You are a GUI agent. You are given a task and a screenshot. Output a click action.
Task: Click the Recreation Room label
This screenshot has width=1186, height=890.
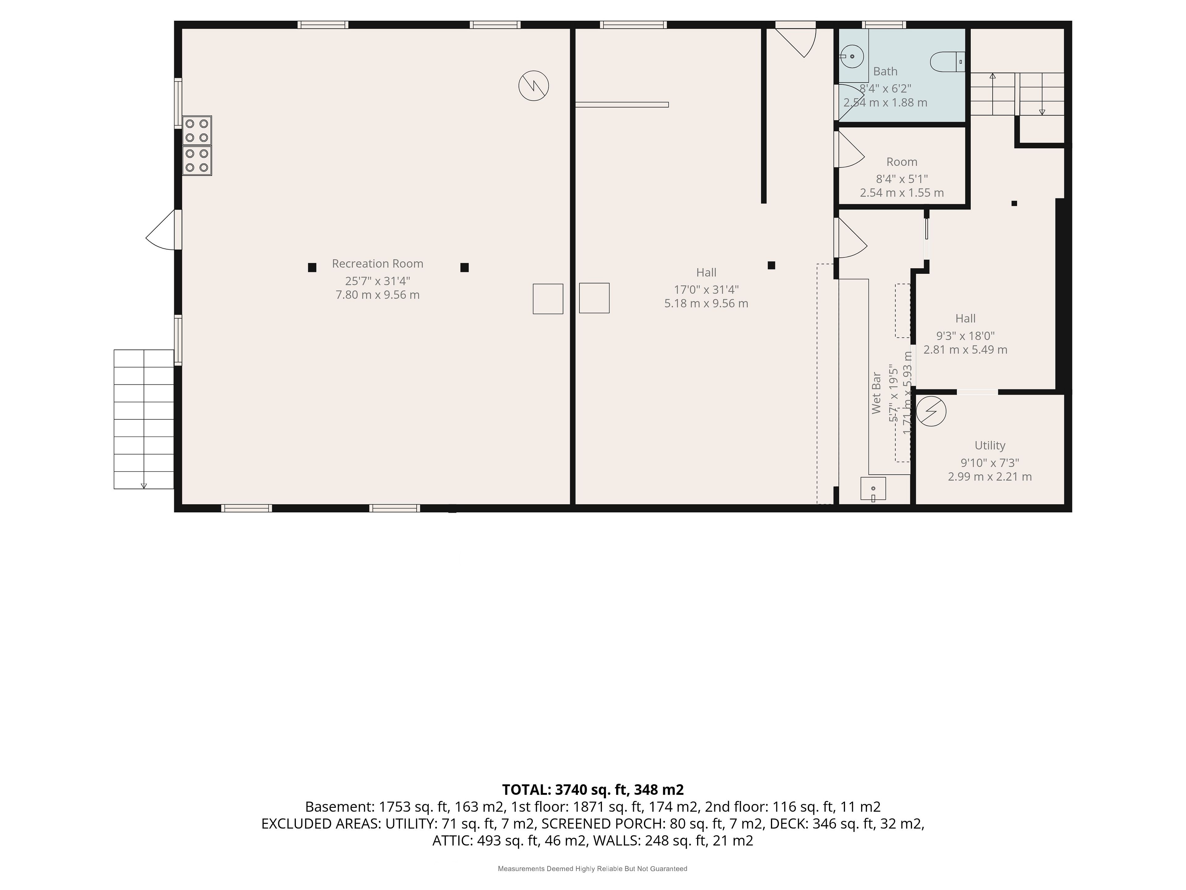pos(377,263)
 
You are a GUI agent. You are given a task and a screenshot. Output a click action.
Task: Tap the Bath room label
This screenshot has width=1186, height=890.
pos(885,71)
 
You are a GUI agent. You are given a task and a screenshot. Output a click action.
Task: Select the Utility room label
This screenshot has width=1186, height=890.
pos(990,445)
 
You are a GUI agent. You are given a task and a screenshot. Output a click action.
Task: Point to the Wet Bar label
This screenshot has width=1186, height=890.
pos(876,393)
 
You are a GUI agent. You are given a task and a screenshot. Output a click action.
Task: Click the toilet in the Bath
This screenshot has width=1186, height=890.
pos(947,62)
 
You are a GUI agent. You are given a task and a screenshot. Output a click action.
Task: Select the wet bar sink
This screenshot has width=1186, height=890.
pos(873,489)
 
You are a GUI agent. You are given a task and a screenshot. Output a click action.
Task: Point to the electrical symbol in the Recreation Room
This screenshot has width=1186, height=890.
pos(533,86)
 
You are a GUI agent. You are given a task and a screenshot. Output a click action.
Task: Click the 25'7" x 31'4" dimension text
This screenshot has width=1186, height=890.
pos(377,281)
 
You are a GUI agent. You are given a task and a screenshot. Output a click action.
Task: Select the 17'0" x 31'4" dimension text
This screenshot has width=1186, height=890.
pos(706,290)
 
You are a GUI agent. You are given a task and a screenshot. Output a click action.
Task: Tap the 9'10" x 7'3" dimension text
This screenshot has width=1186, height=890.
pos(990,462)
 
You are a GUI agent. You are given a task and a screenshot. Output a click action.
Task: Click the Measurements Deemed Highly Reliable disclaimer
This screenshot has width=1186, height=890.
pos(592,869)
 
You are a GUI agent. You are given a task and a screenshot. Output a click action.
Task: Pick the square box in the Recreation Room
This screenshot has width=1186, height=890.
pos(548,299)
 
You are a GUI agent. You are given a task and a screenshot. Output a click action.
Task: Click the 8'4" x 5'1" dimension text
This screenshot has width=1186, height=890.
pos(902,179)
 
